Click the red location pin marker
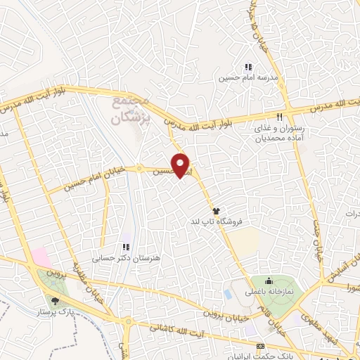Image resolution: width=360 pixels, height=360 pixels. pos(181,165)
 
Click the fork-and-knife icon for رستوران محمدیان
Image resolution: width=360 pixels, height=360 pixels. pos(280,117)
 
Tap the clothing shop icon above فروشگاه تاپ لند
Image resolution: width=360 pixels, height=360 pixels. pos(216,210)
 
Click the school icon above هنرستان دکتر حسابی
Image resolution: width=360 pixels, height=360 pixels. pos(126,247)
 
